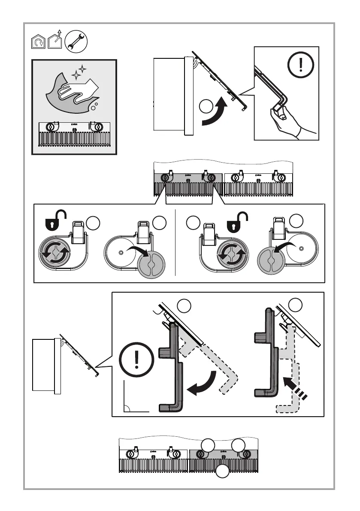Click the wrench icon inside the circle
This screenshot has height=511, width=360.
(76, 42)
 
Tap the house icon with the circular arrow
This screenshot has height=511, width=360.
(38, 42)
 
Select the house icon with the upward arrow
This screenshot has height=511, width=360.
(54, 41)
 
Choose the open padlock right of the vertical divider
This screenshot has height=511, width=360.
(233, 218)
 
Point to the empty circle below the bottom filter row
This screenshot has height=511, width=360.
(222, 472)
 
